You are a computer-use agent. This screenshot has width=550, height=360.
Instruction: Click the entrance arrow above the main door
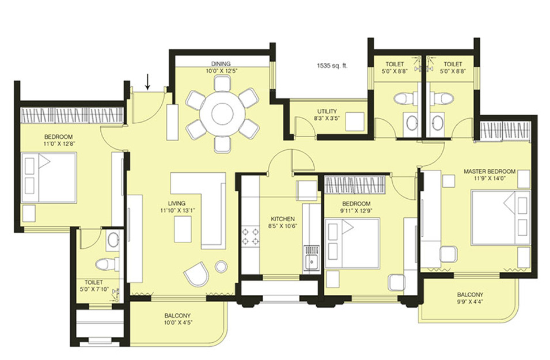pyautogui.click(x=147, y=82)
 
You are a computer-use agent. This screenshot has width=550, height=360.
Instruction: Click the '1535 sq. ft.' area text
pyautogui.click(x=332, y=66)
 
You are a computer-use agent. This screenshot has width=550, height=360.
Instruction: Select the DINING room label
pyautogui.click(x=221, y=64)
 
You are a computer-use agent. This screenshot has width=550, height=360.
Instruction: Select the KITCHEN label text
pyautogui.click(x=283, y=219)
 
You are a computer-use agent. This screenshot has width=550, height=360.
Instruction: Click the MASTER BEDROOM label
pyautogui.click(x=490, y=171)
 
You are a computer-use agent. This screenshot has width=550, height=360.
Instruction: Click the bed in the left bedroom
pyautogui.click(x=49, y=177)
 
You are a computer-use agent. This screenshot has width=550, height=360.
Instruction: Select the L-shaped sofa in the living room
pyautogui.click(x=207, y=204)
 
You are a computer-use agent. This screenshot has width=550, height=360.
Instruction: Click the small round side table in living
pyautogui.click(x=221, y=266)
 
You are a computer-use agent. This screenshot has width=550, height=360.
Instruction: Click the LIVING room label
pyautogui.click(x=176, y=203)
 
